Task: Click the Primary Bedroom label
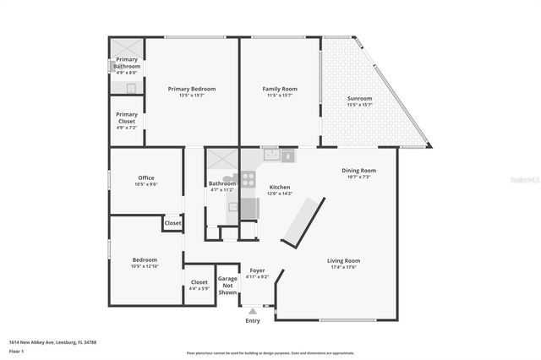point(191,89)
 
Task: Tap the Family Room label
point(279,89)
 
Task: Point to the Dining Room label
point(358,171)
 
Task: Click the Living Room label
point(343,260)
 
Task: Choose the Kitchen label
point(280,187)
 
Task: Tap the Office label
point(146,177)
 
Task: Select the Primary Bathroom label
point(127,63)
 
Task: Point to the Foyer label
point(257,270)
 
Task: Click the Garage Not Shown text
point(227,284)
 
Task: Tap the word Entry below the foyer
point(253,320)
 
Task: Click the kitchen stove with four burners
point(249,179)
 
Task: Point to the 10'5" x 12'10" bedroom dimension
point(145,266)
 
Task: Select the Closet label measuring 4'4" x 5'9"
point(199,282)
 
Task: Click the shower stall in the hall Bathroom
point(222,160)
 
